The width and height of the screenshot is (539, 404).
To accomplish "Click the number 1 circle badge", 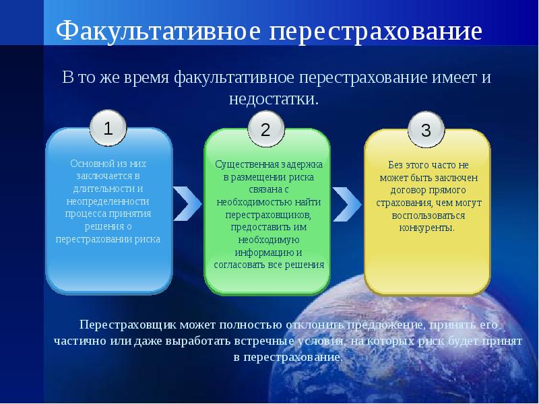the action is click(x=108, y=128).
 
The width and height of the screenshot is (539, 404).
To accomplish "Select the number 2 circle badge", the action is click(x=265, y=129).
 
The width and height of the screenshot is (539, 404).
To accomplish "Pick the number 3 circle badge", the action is click(x=426, y=130).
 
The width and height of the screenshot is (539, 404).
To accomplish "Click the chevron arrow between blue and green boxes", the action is click(x=187, y=204).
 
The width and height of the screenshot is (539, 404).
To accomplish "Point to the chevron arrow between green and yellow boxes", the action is click(x=347, y=204).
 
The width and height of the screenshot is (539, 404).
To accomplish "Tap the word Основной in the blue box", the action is click(x=90, y=164).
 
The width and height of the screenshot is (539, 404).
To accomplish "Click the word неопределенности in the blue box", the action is click(x=108, y=201).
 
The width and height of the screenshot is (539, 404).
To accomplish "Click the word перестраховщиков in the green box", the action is click(x=268, y=215).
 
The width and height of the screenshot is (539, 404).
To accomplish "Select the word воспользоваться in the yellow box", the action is click(x=429, y=215).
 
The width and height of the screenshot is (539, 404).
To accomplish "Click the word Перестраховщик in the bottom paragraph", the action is click(x=127, y=325).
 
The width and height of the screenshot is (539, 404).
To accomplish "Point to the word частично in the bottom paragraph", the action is click(x=80, y=341).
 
